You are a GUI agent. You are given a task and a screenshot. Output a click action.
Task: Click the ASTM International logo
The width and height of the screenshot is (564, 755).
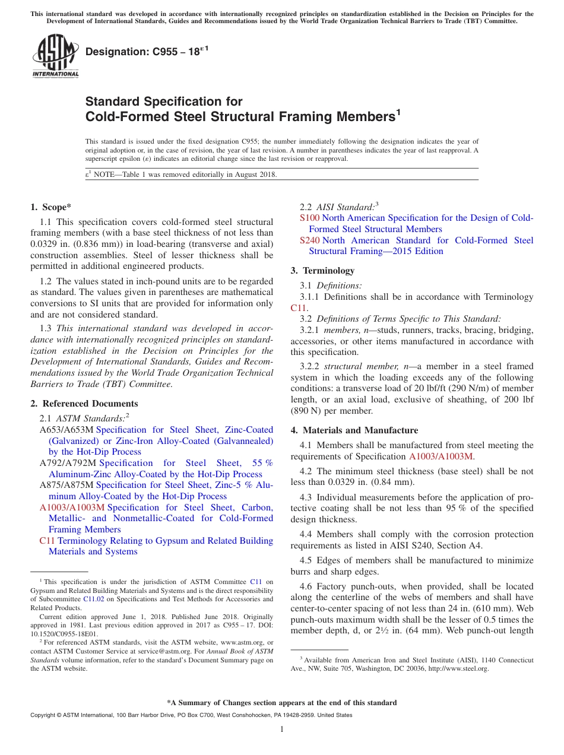tap(55, 56)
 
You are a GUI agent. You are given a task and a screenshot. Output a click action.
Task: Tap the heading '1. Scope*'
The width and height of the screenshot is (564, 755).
tap(50, 207)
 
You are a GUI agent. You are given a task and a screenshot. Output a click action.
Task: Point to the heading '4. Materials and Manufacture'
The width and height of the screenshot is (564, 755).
tap(354, 430)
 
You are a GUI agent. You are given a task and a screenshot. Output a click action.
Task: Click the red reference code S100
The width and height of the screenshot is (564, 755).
tap(309, 218)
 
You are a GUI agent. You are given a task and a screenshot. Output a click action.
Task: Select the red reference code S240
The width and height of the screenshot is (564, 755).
tap(309, 240)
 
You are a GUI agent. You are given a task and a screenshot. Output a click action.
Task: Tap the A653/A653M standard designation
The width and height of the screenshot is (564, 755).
tap(66, 430)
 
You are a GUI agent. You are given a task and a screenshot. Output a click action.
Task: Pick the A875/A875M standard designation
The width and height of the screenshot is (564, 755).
tap(66, 485)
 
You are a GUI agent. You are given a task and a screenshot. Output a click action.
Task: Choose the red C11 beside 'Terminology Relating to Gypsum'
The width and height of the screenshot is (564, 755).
tap(47, 541)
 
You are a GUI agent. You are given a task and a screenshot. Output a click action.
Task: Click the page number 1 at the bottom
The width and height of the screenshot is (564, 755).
tap(282, 729)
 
